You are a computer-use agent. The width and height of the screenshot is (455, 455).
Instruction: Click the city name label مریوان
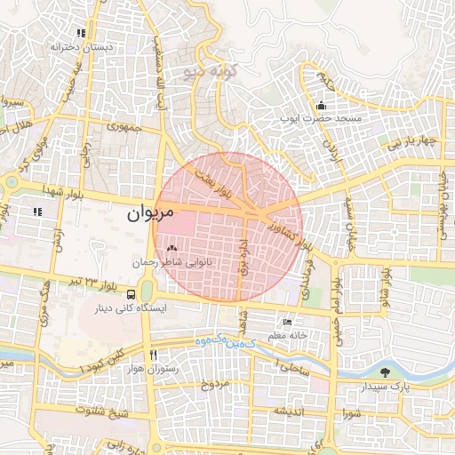(140, 213)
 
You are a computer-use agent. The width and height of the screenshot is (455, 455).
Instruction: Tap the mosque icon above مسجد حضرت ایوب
(320, 106)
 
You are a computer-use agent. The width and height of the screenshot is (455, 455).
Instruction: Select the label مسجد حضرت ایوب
(321, 118)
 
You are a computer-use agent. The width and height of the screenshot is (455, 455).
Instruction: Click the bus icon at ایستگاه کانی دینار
(132, 295)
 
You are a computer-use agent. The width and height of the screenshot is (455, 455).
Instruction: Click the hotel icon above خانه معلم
(286, 322)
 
